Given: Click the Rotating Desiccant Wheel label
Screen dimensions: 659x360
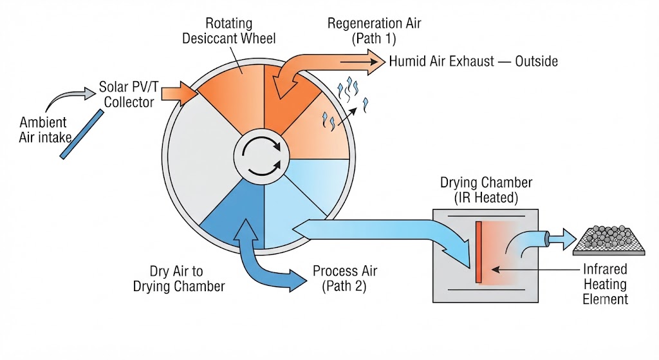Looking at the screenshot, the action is tap(229, 31).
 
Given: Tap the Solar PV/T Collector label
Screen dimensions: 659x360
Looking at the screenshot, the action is tap(129, 95).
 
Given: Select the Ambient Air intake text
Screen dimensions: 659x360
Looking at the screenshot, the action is tap(44, 129).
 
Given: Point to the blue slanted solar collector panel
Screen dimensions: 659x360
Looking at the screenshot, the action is tap(82, 134).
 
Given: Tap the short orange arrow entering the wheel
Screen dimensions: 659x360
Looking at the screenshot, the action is tap(179, 93).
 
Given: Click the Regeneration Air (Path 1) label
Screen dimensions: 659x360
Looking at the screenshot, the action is tap(374, 31).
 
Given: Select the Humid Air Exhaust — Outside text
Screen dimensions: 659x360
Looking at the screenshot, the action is tap(473, 61).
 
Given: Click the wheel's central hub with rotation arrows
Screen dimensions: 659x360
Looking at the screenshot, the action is tap(261, 156).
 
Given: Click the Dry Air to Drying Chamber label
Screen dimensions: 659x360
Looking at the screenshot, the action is tap(179, 278).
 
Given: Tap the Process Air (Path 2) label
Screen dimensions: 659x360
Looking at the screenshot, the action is tap(345, 278).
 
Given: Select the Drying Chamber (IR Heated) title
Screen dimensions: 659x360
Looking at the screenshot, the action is tap(486, 190).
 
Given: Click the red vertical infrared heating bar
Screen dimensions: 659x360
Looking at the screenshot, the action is tap(478, 252).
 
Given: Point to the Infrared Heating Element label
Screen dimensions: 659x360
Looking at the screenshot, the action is tap(605, 284).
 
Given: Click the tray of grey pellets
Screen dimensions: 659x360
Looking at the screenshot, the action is tap(609, 240).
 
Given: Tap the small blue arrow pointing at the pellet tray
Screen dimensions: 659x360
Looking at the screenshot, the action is tap(562, 239).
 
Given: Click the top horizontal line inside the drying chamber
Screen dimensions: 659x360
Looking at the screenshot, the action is tap(487, 216).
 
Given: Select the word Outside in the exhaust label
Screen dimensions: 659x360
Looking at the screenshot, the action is tap(537, 61).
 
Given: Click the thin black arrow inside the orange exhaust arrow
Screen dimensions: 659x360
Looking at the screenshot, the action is tap(359, 62).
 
